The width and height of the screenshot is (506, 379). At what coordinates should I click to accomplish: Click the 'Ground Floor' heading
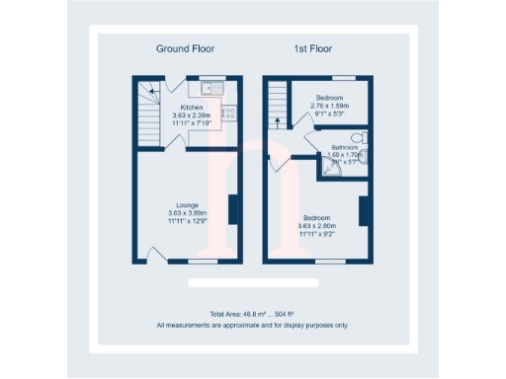tap(185, 48)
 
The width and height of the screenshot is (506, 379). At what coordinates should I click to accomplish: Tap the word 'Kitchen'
tap(192, 107)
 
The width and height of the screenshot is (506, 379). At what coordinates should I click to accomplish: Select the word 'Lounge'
tap(188, 205)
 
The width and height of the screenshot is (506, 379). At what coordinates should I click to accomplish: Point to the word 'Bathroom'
tap(346, 148)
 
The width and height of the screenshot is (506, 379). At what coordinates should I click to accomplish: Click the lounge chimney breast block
tap(233, 210)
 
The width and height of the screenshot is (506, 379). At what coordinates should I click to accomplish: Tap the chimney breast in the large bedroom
tap(362, 210)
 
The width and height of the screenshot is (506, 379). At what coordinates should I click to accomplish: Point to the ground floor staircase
tap(150, 109)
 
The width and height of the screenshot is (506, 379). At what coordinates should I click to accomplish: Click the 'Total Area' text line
tap(252, 314)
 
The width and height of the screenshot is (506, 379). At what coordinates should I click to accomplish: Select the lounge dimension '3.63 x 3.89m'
tap(188, 213)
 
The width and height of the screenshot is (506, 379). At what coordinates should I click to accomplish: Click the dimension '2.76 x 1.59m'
tap(330, 106)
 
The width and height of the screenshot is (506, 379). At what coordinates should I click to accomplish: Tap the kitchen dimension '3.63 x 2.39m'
tap(192, 114)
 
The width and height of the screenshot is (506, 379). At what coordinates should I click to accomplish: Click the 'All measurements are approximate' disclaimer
tap(252, 325)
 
